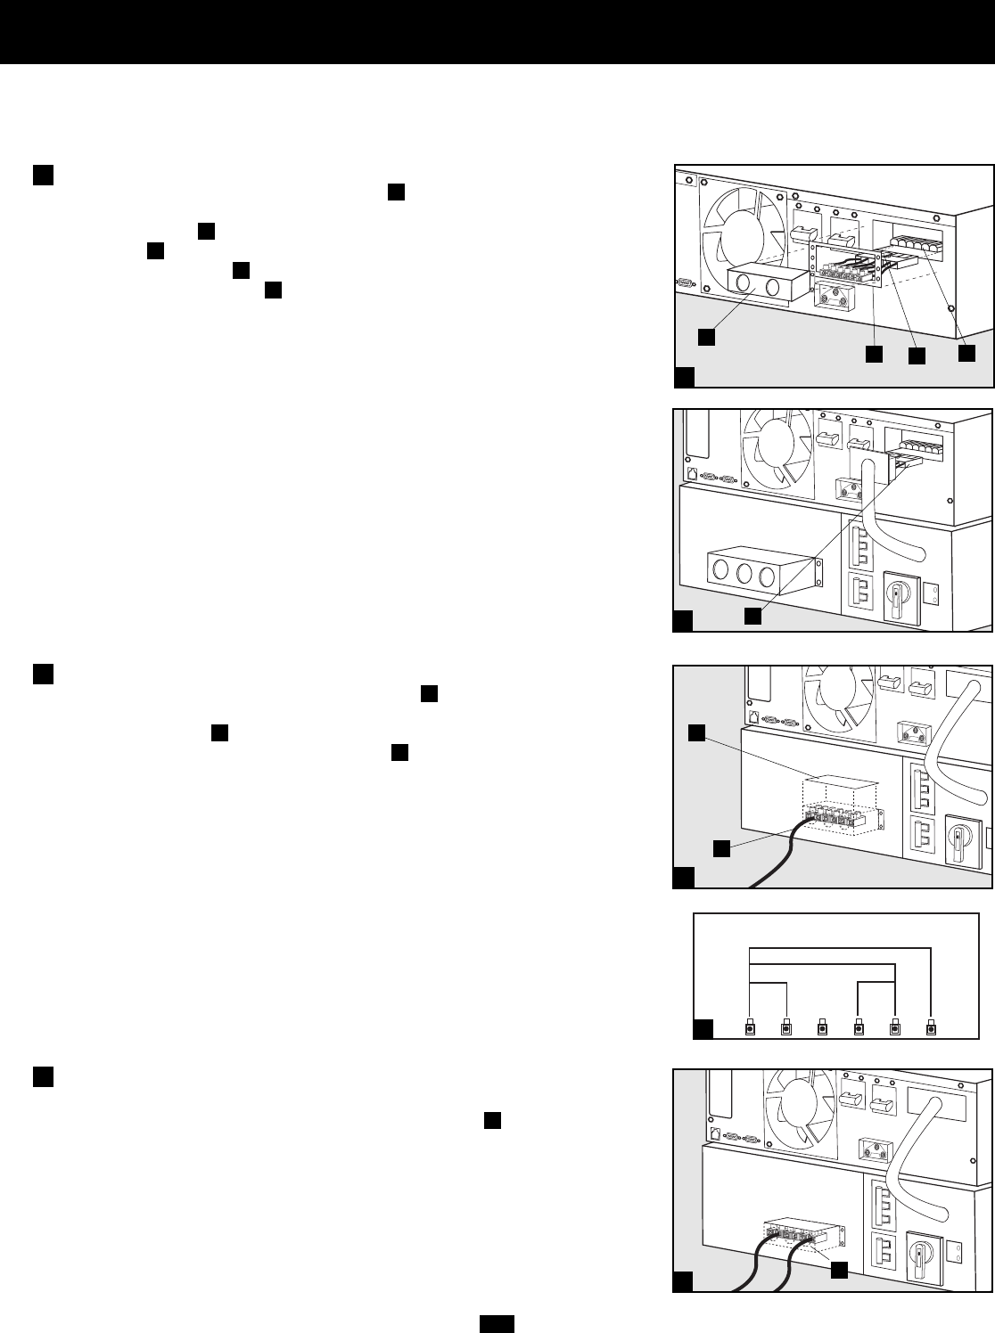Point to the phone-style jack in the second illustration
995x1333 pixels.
pos(692,474)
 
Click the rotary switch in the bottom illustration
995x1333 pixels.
pos(919,1245)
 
